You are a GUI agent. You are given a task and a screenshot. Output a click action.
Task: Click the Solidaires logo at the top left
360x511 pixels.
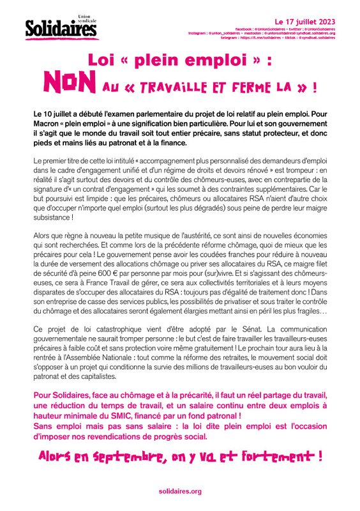(x=56, y=27)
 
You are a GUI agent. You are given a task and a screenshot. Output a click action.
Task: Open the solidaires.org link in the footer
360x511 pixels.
(x=180, y=491)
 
